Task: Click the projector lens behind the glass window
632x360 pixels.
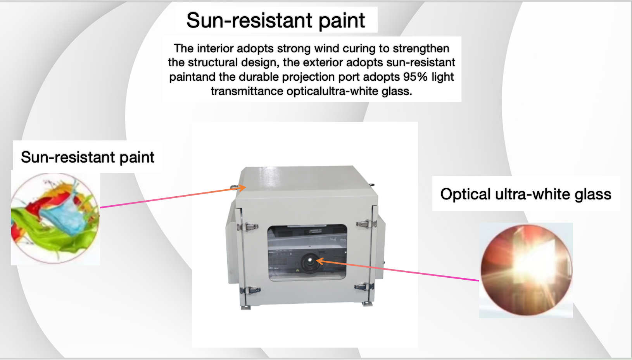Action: click(x=310, y=262)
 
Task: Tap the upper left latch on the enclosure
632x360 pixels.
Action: click(x=247, y=227)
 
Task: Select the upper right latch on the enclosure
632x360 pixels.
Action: click(x=366, y=224)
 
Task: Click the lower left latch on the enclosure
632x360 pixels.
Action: click(x=250, y=290)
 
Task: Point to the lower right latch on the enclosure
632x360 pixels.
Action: click(x=364, y=286)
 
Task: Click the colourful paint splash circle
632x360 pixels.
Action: click(x=55, y=218)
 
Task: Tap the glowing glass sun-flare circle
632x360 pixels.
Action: click(x=527, y=270)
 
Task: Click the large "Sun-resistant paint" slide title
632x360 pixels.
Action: click(x=276, y=20)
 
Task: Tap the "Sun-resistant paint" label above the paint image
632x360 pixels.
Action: click(x=88, y=157)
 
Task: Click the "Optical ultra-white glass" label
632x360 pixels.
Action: click(x=526, y=194)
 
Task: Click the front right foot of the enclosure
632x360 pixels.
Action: click(x=367, y=304)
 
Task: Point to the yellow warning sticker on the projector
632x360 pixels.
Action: click(x=297, y=270)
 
